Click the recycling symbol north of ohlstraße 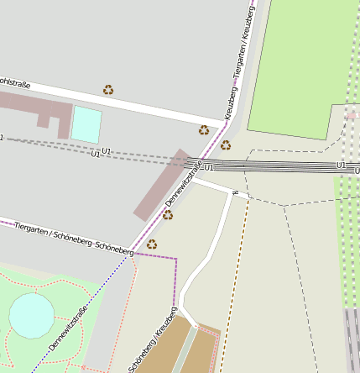[108, 89]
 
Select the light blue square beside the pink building [86, 124]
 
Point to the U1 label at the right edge [342, 165]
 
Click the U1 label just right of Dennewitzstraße [209, 168]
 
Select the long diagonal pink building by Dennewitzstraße [162, 185]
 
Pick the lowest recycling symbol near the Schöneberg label [152, 244]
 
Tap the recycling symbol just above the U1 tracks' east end [226, 145]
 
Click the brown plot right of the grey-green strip [206, 349]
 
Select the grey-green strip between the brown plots [185, 351]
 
